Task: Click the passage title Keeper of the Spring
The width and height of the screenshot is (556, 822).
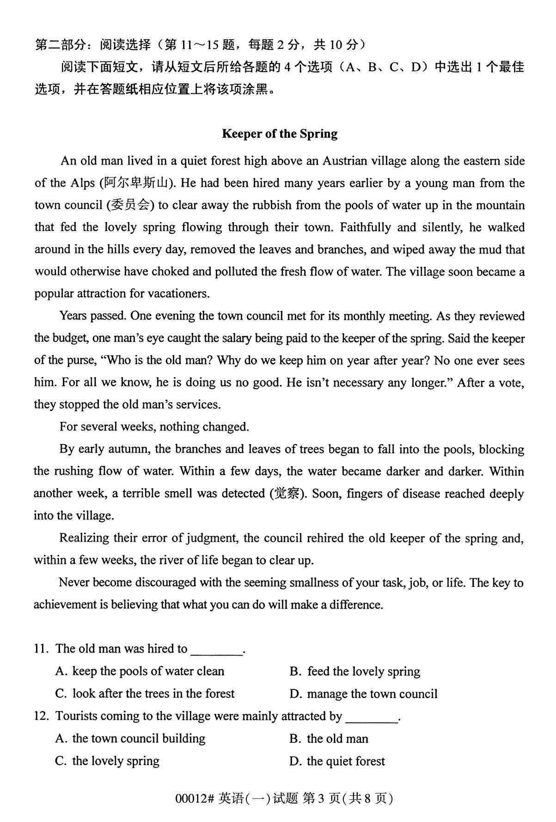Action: [280, 134]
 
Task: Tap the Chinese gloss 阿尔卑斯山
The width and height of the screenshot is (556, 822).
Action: [137, 183]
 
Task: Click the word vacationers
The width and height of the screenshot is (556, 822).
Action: [178, 294]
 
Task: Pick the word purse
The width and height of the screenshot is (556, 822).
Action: [83, 361]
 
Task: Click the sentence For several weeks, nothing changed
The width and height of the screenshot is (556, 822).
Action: [154, 427]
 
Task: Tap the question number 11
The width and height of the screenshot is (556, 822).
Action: [41, 649]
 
